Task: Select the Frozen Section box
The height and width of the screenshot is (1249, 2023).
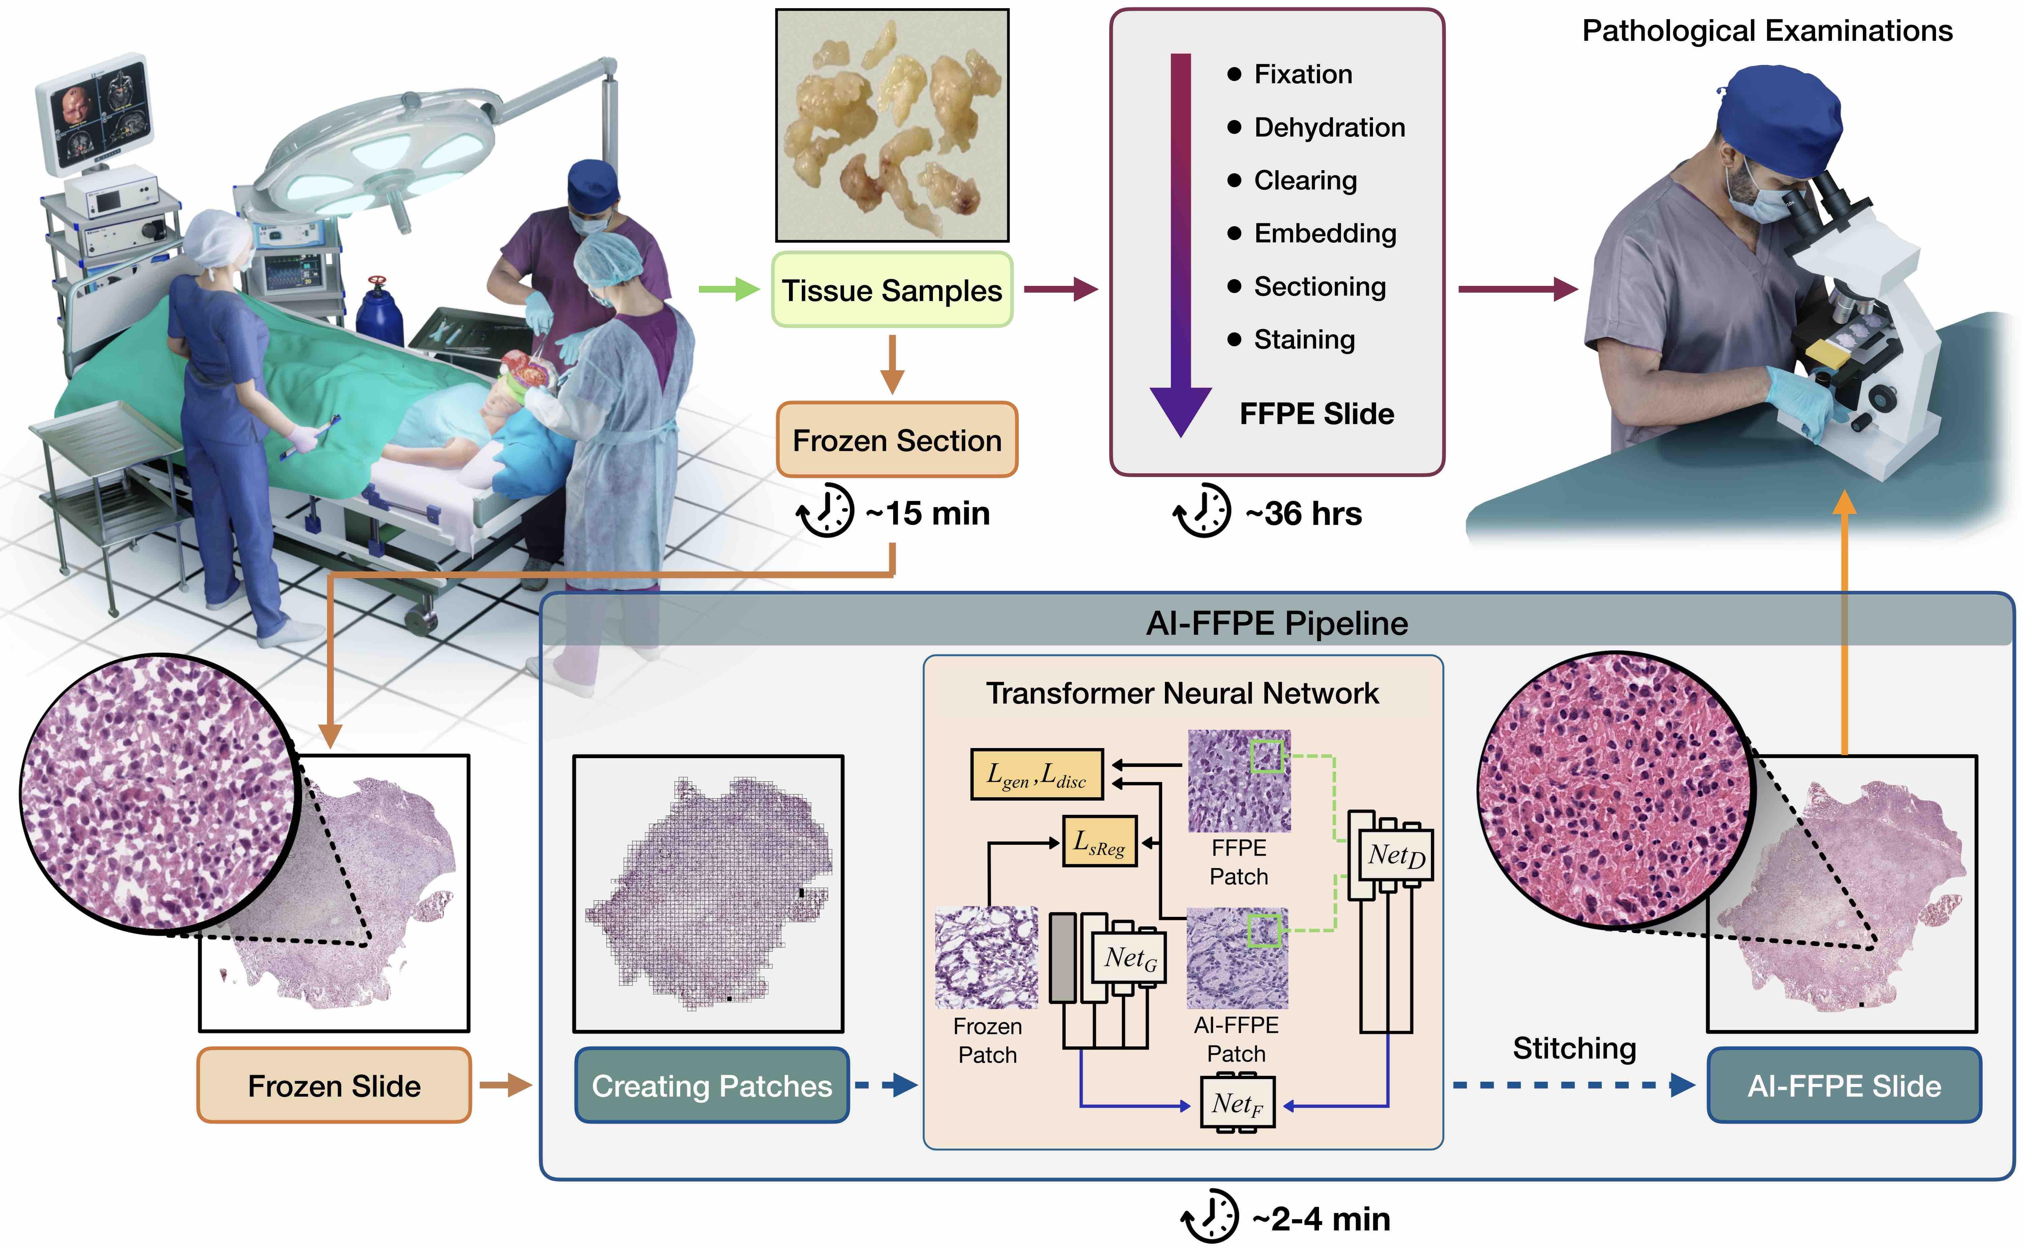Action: click(896, 440)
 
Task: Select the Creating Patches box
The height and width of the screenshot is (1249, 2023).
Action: click(711, 1086)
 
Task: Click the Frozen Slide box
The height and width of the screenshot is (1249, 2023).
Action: click(334, 1086)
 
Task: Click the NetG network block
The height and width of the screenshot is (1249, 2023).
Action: click(1129, 958)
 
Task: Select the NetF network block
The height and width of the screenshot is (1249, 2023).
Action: click(1237, 1103)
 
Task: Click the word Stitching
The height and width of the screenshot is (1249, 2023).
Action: click(1574, 1048)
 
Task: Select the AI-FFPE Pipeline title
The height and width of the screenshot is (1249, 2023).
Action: click(1276, 623)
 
